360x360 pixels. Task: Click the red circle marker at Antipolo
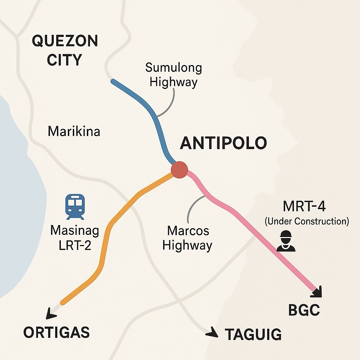[x=179, y=170]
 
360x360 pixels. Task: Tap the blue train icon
[x=75, y=207]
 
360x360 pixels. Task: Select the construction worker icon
[x=286, y=241]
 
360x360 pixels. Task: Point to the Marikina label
[x=74, y=131]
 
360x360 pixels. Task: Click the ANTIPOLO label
[x=223, y=143]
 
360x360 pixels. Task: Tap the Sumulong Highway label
[x=174, y=75]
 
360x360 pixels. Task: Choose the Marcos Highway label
[x=187, y=238]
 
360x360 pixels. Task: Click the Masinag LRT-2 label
[x=75, y=238]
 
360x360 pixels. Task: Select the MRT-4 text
[x=304, y=206]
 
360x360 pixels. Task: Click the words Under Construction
[x=307, y=221]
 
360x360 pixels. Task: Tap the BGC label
[x=304, y=310]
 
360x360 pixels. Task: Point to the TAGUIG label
[x=253, y=334]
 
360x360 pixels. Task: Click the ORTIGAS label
[x=56, y=332]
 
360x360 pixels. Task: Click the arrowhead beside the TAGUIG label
[x=212, y=332]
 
